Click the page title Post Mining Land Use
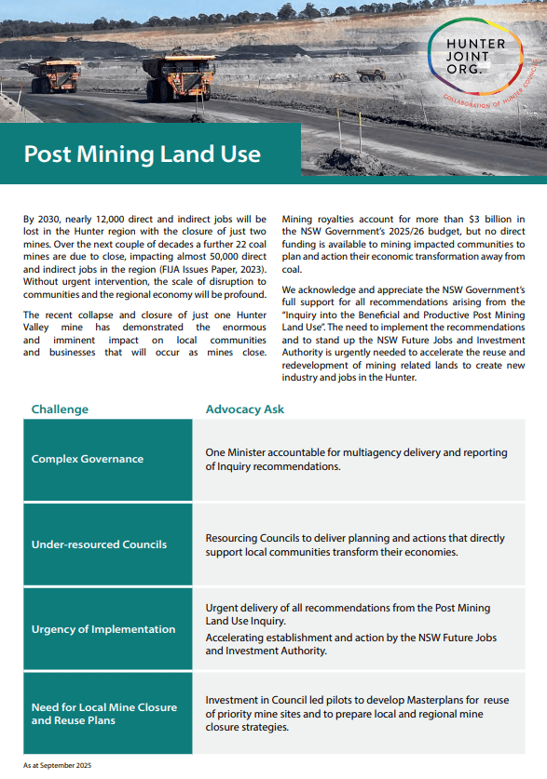pos(142,154)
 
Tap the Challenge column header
pos(60,409)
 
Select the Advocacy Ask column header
pos(244,409)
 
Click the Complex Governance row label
pos(88,459)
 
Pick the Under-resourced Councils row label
pos(99,544)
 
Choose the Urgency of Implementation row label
pos(103,629)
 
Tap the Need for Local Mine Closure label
pos(103,707)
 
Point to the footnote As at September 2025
pos(58,765)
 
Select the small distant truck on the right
pos(371,74)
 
